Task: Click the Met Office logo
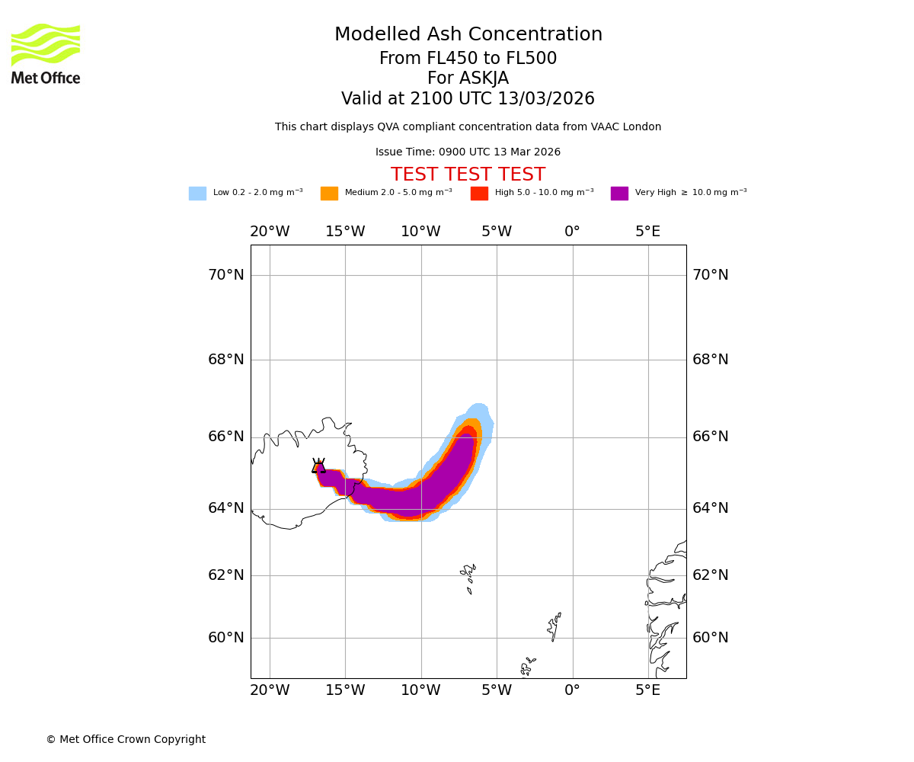pos(46,53)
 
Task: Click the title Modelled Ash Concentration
pos(468,35)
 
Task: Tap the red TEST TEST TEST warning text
pos(468,175)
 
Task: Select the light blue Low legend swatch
pos(197,194)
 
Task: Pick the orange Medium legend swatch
pos(329,194)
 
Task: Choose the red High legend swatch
pos(479,194)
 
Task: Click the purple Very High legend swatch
pos(619,194)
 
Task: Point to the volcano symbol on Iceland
pos(318,466)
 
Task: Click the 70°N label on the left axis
pos(226,275)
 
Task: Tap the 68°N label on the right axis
pos(710,360)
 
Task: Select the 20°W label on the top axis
pos(270,232)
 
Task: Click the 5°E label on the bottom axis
pos(648,690)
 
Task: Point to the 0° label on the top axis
pos(572,232)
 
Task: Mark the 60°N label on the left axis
pos(226,638)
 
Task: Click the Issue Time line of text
pos(468,152)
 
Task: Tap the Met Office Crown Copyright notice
pos(126,740)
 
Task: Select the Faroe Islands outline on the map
pos(468,578)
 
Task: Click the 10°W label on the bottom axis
pos(420,690)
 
